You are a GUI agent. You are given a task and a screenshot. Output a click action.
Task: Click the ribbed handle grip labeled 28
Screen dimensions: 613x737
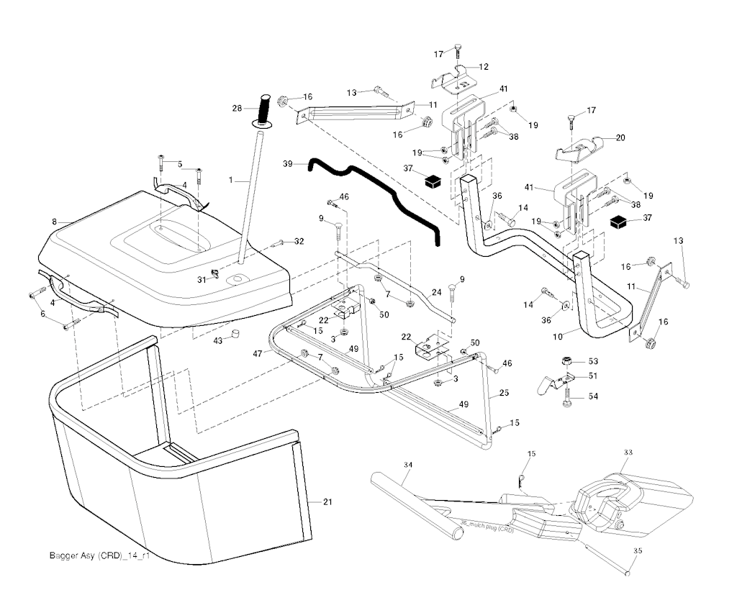tap(264, 109)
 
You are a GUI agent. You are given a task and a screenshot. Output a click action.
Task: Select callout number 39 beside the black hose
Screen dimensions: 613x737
tap(288, 164)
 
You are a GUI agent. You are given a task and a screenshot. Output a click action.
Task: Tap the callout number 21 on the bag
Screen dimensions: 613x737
tap(327, 501)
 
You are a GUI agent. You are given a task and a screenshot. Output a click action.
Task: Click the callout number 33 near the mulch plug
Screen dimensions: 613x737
tap(628, 453)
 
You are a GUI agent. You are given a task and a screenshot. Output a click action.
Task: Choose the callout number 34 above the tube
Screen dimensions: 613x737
tap(408, 466)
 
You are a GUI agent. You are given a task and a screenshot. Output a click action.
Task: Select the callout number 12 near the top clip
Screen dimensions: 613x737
tap(483, 66)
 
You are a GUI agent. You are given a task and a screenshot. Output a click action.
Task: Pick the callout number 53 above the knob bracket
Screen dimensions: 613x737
tap(594, 360)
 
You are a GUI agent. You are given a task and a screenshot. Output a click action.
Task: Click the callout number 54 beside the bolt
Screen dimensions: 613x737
tap(594, 396)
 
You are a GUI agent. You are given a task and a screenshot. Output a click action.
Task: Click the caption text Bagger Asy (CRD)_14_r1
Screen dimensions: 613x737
tap(99, 555)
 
